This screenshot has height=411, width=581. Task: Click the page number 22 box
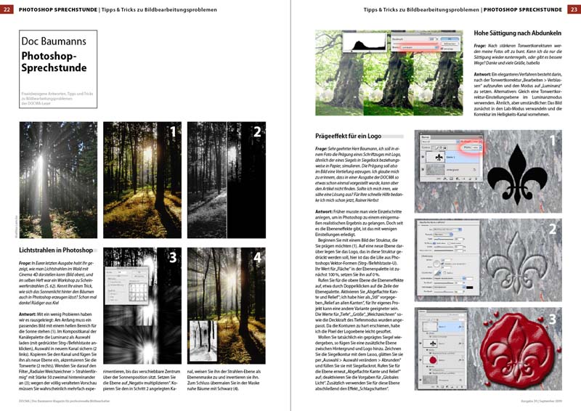point(7,8)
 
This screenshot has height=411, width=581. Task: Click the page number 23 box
point(573,8)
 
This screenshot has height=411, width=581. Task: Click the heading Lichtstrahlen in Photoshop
point(56,251)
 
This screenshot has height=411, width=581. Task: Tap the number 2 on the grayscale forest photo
point(256,132)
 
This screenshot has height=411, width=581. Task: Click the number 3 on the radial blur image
point(173,257)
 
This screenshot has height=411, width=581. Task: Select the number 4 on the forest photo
point(256,257)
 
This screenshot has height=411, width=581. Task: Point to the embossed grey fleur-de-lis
point(518,257)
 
